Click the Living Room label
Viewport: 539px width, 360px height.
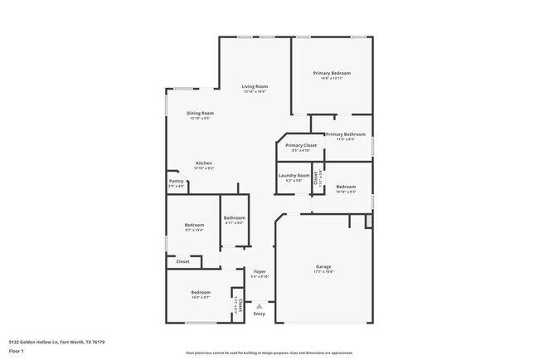click(x=255, y=86)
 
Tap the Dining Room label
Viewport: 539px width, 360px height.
click(x=200, y=113)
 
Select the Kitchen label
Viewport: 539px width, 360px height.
click(x=204, y=163)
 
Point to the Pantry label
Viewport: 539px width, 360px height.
click(x=177, y=181)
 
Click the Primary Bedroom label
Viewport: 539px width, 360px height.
click(x=332, y=74)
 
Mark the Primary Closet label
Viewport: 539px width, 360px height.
click(x=301, y=145)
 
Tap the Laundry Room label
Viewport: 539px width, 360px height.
click(x=294, y=175)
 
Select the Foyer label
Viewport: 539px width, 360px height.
click(x=260, y=271)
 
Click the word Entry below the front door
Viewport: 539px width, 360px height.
click(x=260, y=314)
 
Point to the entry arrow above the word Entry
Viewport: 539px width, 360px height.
click(x=260, y=304)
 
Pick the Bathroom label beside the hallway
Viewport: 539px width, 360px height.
click(x=234, y=217)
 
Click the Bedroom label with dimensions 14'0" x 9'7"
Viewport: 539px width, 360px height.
click(x=201, y=292)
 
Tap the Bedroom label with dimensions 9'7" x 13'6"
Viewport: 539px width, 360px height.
click(x=194, y=225)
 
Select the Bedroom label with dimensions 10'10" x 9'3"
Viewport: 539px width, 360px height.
click(x=346, y=187)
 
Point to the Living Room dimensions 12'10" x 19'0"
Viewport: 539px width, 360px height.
click(x=255, y=91)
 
